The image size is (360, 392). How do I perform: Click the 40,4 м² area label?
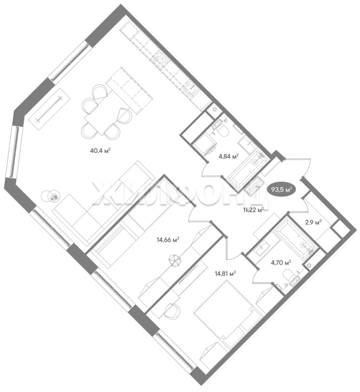click(100, 151)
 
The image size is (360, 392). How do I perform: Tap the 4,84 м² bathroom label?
click(229, 156)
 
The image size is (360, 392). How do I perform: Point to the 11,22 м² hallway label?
click(254, 210)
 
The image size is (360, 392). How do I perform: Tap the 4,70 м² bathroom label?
click(281, 262)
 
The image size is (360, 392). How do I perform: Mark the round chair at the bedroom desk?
click(172, 310)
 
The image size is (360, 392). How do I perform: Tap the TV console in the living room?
click(49, 109)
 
